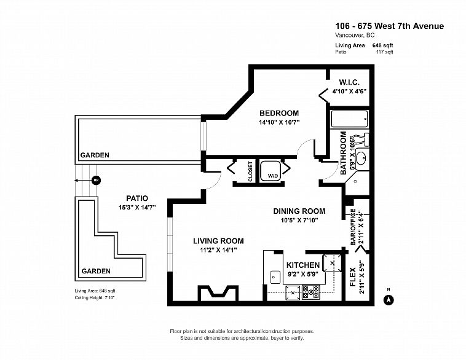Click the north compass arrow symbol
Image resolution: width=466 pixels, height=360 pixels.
point(388,300)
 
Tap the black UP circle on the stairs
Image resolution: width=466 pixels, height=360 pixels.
point(96,180)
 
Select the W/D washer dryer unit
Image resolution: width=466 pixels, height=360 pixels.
point(271,171)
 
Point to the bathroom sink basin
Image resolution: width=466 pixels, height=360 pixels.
point(361,158)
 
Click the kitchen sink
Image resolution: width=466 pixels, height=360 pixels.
point(275,278)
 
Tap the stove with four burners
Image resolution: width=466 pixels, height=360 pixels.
point(311,292)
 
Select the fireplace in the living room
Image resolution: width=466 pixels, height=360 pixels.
point(218,293)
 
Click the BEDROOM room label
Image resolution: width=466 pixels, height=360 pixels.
point(279,113)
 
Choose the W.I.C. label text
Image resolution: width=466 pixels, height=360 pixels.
point(349,82)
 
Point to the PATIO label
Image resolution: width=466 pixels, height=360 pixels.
point(137,198)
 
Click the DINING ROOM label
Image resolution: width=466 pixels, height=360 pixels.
point(299,211)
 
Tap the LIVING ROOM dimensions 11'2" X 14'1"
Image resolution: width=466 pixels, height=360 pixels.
point(218,250)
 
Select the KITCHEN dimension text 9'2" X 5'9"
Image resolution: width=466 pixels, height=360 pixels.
point(303,274)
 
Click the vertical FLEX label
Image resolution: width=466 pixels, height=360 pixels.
point(353,277)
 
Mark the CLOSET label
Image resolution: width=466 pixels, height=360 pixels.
point(250,171)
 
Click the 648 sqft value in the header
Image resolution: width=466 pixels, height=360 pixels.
point(383,45)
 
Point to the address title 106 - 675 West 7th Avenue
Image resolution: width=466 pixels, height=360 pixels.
point(390,26)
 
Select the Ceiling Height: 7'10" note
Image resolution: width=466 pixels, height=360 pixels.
point(95,297)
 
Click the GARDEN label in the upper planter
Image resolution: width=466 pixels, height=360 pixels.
point(95,155)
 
